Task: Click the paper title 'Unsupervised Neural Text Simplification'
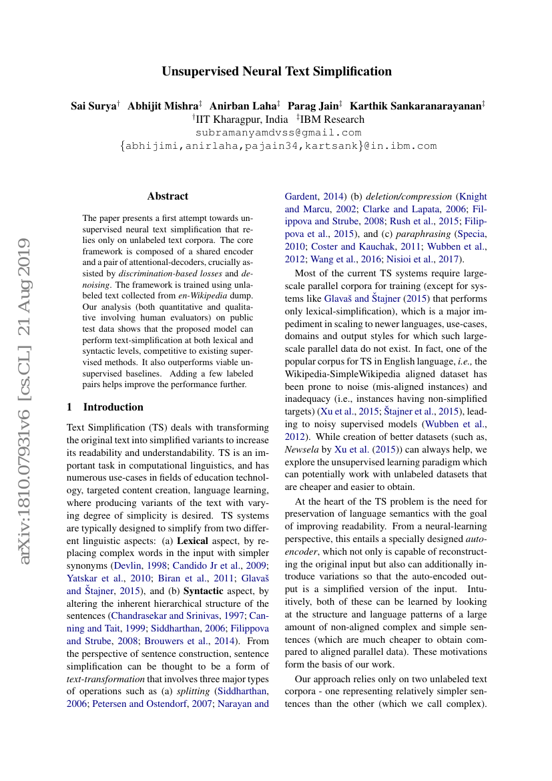coord(276,71)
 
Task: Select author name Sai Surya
coord(93,106)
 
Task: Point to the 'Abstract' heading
coord(168,196)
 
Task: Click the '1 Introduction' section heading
coord(105,407)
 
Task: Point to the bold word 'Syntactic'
coord(204,591)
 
